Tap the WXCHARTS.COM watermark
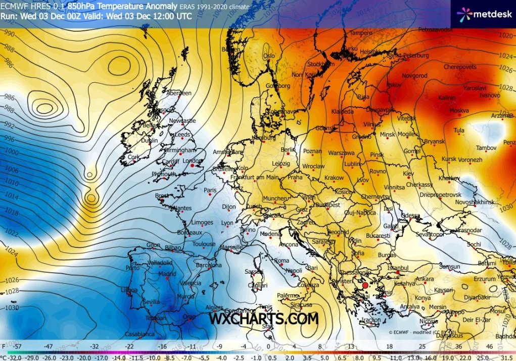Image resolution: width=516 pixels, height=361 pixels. (x=264, y=319)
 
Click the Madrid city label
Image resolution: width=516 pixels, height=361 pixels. (x=167, y=274)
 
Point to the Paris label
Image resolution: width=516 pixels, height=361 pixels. (x=210, y=190)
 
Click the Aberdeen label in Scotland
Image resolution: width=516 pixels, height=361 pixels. (x=179, y=93)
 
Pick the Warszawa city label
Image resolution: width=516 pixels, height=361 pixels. (x=341, y=152)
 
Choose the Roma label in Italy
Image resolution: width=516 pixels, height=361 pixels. (x=282, y=261)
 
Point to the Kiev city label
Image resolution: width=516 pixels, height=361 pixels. (x=408, y=174)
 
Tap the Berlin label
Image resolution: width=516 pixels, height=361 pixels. (x=288, y=150)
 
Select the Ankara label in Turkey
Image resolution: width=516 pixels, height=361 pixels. (x=425, y=279)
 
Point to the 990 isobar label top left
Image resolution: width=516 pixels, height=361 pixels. (x=8, y=33)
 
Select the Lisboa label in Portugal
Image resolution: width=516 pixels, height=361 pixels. (x=129, y=290)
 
